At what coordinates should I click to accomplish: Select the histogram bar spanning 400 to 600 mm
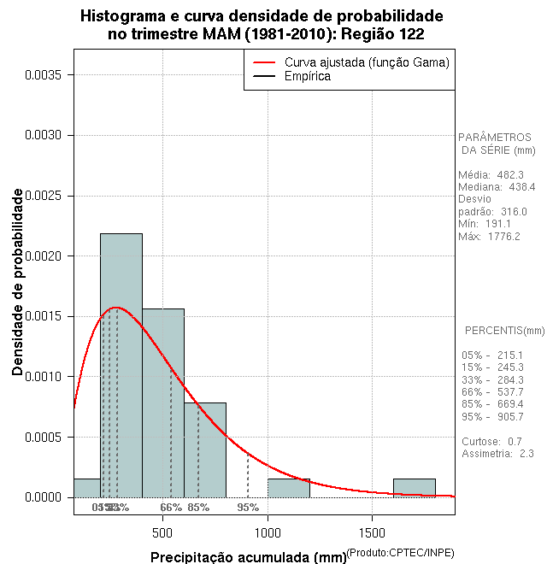[163, 402]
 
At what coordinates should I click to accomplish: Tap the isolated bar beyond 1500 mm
[415, 488]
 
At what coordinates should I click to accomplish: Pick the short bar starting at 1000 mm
[289, 488]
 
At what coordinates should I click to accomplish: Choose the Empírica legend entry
[307, 77]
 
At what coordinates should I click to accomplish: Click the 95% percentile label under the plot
[248, 508]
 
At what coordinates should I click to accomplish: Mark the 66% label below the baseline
[171, 508]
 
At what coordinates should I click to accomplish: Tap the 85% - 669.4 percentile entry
[491, 404]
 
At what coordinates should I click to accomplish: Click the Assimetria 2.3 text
[497, 454]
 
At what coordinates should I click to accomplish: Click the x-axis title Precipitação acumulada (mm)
[249, 558]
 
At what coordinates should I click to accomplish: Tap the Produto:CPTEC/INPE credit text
[401, 553]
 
